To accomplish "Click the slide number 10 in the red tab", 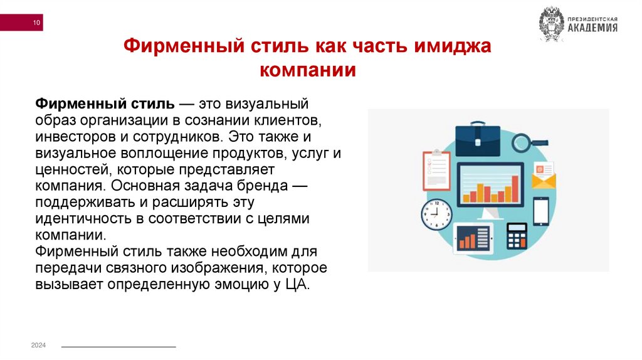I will pyautogui.click(x=36, y=24).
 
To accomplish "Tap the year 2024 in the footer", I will pyautogui.click(x=39, y=346).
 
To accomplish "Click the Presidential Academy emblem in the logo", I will pyautogui.click(x=551, y=24).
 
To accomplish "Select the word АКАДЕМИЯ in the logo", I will pyautogui.click(x=592, y=28).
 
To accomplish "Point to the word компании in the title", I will pyautogui.click(x=307, y=69).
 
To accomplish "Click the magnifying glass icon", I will pyautogui.click(x=524, y=142).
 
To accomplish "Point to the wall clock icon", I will pyautogui.click(x=437, y=214).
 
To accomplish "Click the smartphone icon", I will pyautogui.click(x=540, y=211).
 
